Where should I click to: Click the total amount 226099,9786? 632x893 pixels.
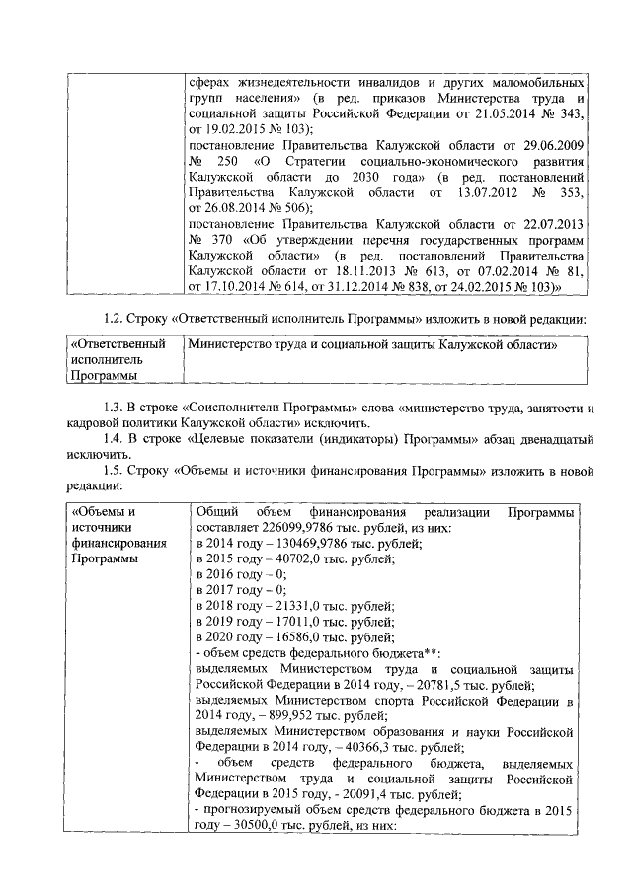(x=288, y=528)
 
